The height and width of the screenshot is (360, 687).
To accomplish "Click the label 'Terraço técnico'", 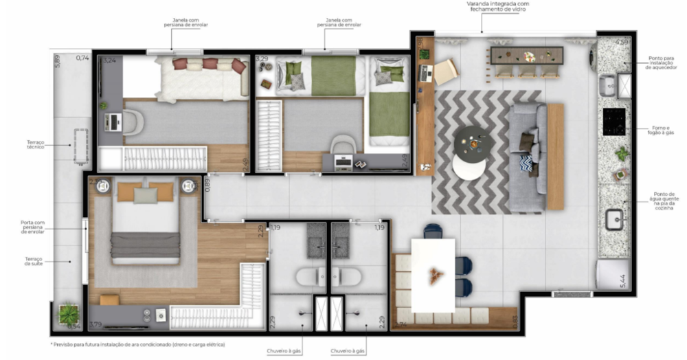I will [35, 145].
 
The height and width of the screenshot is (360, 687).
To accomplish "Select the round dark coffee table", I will [472, 142].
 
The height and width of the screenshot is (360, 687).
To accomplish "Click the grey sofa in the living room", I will [526, 156].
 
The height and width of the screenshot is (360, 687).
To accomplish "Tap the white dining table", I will [433, 274].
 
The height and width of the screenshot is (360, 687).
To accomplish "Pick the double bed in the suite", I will [146, 223].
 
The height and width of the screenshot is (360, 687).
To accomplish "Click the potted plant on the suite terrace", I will [69, 316].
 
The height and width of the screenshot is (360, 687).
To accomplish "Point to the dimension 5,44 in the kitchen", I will [623, 280].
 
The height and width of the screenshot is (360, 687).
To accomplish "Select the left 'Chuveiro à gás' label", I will [284, 351].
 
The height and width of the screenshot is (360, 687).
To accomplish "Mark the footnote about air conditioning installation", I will [137, 344].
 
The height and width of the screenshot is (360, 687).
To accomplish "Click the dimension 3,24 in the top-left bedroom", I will [109, 60].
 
